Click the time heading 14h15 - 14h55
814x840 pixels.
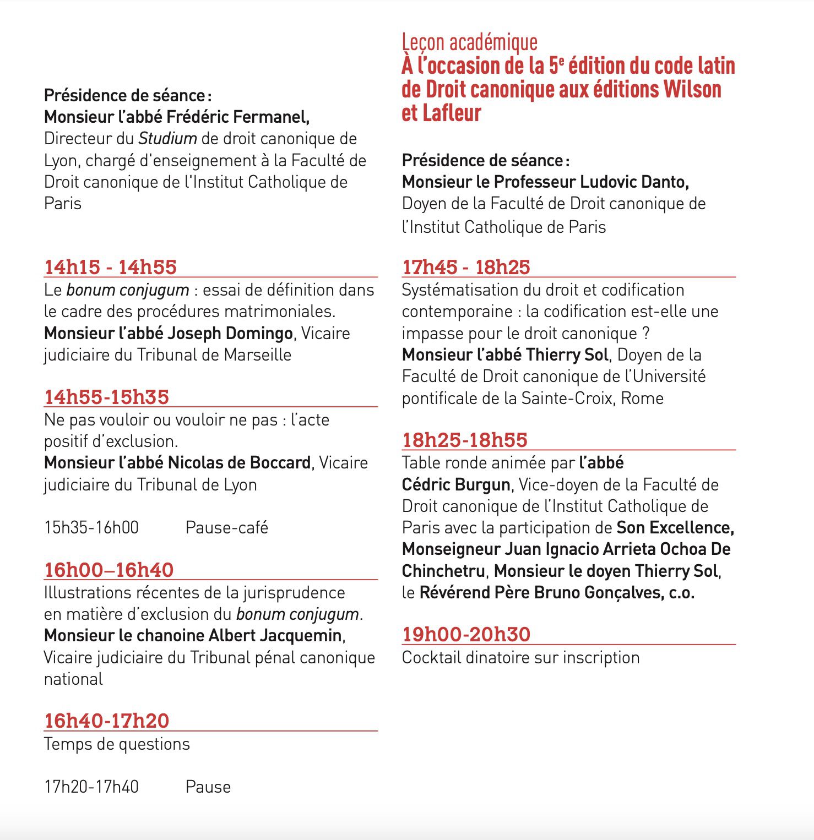(x=110, y=268)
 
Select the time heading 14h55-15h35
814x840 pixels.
(x=106, y=397)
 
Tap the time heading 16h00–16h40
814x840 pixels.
(x=108, y=570)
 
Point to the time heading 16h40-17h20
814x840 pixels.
(x=106, y=721)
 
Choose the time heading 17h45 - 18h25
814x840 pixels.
(x=466, y=268)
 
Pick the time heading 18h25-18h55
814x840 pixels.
(x=465, y=440)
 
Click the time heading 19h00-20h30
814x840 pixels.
(x=466, y=635)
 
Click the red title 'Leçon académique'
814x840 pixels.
(x=469, y=42)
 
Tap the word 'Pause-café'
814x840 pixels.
(x=226, y=528)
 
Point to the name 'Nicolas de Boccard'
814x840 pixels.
(x=239, y=463)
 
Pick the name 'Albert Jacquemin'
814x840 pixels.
(x=275, y=636)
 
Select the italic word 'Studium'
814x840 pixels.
(x=167, y=139)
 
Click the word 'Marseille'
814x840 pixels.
(x=258, y=355)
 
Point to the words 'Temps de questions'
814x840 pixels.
(x=117, y=744)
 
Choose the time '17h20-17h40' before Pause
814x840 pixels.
(x=91, y=787)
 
